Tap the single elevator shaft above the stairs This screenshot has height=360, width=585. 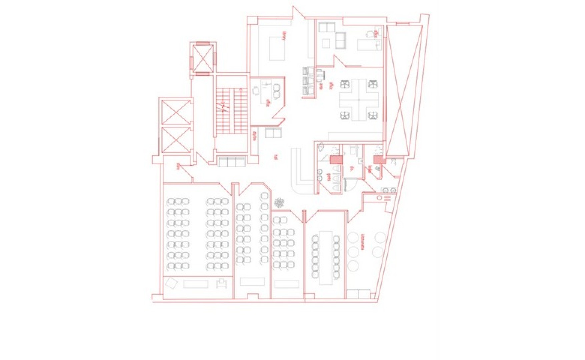click(x=203, y=58)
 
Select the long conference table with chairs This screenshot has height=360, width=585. click(x=326, y=257)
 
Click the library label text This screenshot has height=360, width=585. click(x=284, y=36)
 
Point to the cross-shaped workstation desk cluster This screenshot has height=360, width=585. click(x=359, y=99)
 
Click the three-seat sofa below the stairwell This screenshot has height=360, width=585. click(x=231, y=162)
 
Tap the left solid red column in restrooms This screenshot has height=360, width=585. click(x=336, y=160)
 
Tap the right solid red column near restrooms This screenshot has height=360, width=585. click(x=379, y=160)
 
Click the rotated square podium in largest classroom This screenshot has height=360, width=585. click(x=171, y=283)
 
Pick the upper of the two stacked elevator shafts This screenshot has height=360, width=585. click(x=175, y=112)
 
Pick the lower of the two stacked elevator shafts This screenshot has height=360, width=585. click(x=175, y=140)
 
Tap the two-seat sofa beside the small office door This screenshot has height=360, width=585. click(x=273, y=133)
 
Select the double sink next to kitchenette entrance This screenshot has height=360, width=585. click(x=389, y=190)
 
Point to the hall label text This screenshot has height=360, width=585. click(x=275, y=157)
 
